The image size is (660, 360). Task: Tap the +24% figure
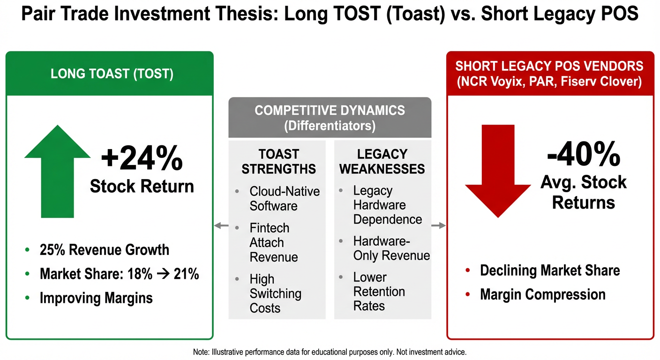[142, 158]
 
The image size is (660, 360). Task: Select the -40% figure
[583, 153]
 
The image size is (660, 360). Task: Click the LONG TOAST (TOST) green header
[112, 74]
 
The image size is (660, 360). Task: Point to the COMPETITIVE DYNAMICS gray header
[330, 118]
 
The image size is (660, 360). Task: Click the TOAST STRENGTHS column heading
[278, 161]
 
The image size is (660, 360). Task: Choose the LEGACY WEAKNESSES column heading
[382, 161]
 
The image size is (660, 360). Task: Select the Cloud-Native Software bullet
[284, 198]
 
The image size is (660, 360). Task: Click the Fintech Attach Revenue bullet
[274, 242]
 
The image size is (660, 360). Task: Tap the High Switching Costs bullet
[275, 293]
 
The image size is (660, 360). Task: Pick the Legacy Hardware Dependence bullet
[387, 205]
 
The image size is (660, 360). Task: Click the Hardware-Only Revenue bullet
[391, 248]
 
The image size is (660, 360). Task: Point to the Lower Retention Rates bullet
[379, 291]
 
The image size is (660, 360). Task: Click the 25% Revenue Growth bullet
[104, 249]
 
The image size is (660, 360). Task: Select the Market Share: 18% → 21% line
[119, 274]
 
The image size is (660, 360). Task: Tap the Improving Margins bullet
[96, 298]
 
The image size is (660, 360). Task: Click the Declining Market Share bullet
[549, 270]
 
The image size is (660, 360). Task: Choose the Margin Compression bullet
[542, 294]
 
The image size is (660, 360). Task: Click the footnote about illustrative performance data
[330, 352]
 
